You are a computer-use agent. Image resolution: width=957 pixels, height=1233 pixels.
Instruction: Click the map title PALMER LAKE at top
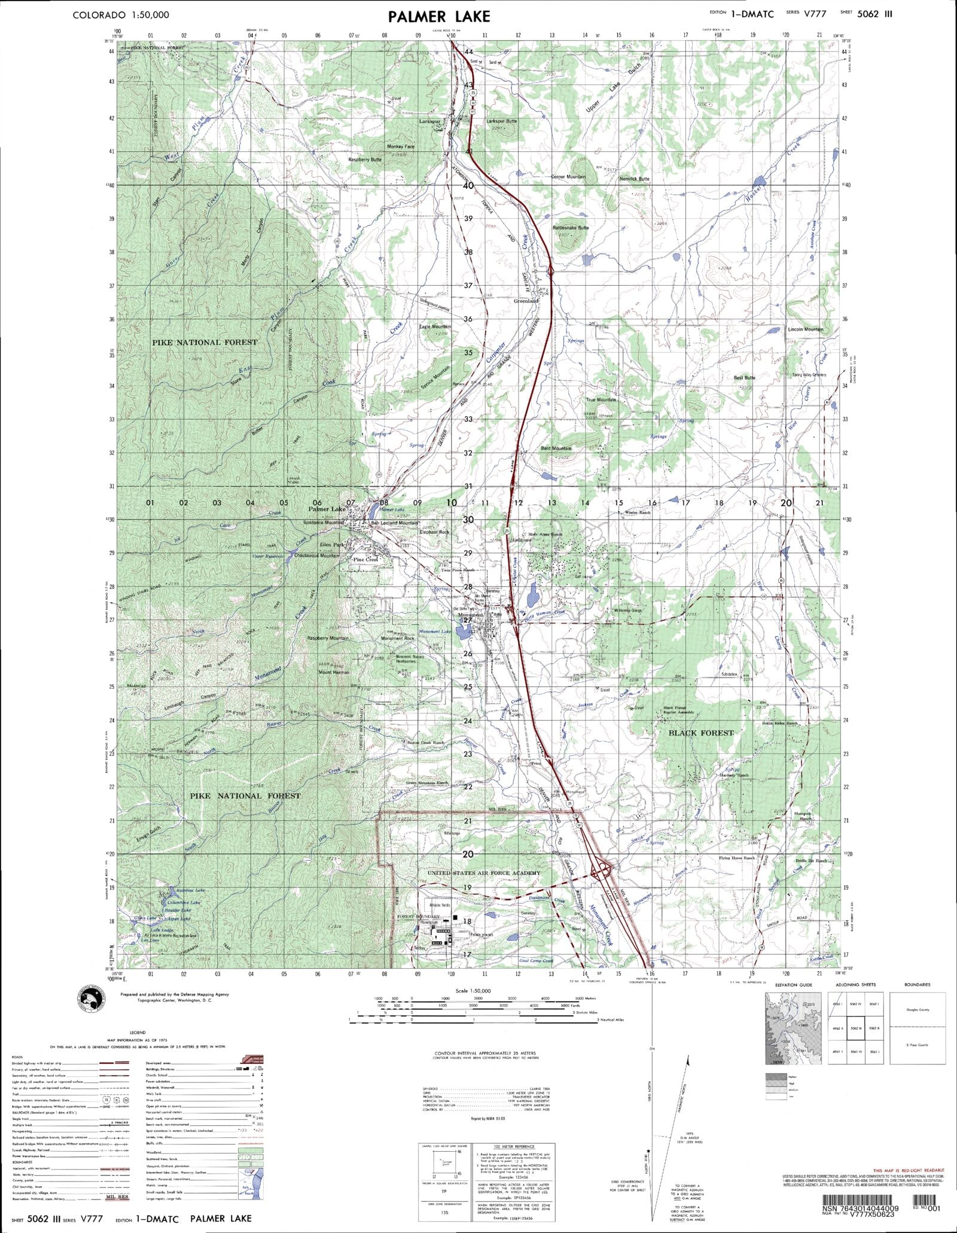(438, 16)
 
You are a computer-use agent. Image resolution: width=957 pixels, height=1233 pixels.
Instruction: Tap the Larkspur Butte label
(501, 121)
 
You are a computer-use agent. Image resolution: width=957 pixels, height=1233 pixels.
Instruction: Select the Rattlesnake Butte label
(571, 228)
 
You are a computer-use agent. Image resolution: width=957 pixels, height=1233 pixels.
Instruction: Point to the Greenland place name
(526, 301)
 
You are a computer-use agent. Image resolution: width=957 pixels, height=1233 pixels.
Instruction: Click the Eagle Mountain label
(435, 326)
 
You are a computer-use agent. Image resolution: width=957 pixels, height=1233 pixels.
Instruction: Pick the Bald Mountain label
(556, 448)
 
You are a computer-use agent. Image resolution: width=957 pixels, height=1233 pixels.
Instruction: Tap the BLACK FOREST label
(693, 733)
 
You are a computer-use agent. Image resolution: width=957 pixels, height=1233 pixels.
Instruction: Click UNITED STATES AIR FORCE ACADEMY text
(483, 873)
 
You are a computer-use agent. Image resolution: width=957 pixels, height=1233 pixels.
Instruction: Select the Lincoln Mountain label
(805, 329)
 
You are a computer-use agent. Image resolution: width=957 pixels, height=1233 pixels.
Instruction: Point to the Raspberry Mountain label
(327, 638)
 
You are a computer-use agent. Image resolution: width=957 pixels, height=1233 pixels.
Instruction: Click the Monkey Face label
(400, 147)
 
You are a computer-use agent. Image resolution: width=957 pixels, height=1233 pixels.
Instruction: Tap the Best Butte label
(744, 378)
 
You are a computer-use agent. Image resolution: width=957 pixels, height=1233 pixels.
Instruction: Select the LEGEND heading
(138, 1033)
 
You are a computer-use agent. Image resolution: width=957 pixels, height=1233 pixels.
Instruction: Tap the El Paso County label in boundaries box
(917, 1045)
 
